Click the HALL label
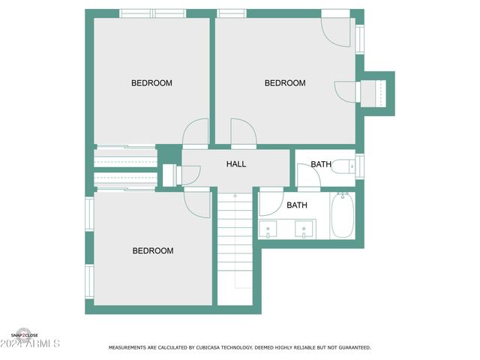[x=236, y=164]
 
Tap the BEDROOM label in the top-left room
[x=151, y=83]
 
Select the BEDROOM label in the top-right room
[x=285, y=83]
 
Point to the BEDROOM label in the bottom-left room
[x=153, y=251]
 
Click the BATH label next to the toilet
[x=321, y=164]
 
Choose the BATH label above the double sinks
[x=297, y=205]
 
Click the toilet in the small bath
[x=343, y=166]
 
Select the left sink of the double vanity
[x=269, y=229]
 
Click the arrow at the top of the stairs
[x=235, y=196]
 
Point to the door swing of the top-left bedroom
[x=196, y=132]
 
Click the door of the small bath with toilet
[x=308, y=175]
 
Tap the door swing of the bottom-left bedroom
[x=196, y=202]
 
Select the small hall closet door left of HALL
[x=189, y=175]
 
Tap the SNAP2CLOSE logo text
[x=24, y=335]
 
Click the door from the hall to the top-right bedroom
[x=243, y=132]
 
